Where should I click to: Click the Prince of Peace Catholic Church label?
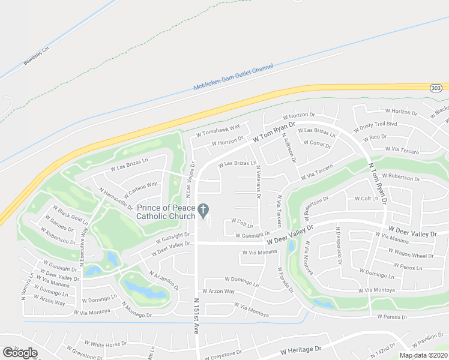click(x=166, y=212)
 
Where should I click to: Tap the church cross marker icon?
click(x=203, y=210)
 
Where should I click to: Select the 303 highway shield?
click(x=436, y=88)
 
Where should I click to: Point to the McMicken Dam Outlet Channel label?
click(x=234, y=79)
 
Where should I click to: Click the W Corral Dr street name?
click(x=317, y=144)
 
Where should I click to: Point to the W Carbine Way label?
click(x=141, y=191)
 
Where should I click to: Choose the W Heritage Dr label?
click(x=301, y=349)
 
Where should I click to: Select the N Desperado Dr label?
click(x=339, y=245)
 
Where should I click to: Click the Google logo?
click(x=20, y=353)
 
